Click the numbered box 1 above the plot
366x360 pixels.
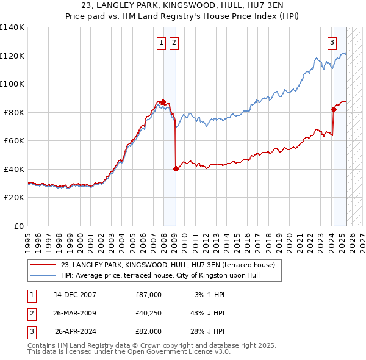(162, 43)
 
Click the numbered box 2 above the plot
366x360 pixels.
(174, 43)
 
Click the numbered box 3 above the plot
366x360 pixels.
(332, 43)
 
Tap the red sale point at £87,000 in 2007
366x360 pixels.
(163, 102)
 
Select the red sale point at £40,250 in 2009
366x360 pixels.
(176, 168)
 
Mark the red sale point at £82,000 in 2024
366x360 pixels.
(334, 109)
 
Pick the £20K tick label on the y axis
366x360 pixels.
(14, 198)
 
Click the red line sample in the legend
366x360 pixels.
(43, 265)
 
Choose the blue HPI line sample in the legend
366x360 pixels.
(43, 275)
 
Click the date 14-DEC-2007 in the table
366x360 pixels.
(75, 295)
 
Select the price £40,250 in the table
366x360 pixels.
(149, 313)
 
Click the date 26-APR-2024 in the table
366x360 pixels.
(76, 331)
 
